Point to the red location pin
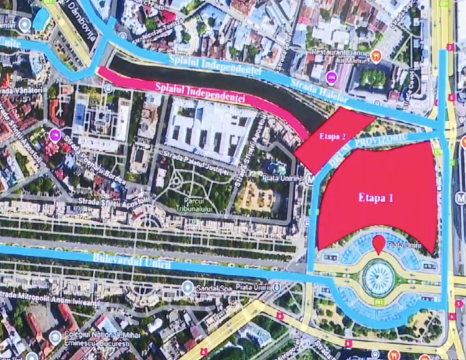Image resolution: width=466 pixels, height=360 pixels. point(378,244)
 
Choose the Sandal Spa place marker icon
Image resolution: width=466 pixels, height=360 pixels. point(187,287)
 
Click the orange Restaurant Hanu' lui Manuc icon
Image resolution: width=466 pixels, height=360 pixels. point(375,56)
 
